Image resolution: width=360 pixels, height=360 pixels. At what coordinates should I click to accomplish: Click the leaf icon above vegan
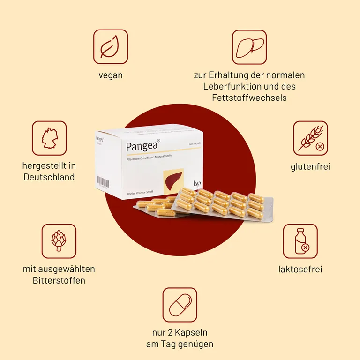click(110, 47)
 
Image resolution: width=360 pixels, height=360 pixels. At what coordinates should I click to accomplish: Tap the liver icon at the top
click(249, 47)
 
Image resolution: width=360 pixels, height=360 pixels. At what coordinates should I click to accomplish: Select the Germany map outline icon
click(49, 138)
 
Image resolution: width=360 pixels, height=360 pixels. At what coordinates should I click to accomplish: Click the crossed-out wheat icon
click(310, 138)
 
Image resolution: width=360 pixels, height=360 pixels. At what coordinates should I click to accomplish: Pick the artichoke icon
click(59, 241)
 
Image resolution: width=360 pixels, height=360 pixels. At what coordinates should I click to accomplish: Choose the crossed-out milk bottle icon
click(300, 241)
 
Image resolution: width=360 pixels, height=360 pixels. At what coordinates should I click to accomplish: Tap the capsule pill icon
click(180, 305)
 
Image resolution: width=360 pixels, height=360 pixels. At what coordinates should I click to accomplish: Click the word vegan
click(111, 75)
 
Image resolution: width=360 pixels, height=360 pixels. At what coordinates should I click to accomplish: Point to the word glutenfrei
click(310, 166)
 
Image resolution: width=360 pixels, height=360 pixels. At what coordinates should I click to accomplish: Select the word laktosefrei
click(300, 269)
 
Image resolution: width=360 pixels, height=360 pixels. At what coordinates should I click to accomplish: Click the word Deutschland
click(49, 177)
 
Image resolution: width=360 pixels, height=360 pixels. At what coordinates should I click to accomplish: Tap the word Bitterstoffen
click(59, 280)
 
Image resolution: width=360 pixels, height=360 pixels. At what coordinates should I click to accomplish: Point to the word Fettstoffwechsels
click(249, 98)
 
